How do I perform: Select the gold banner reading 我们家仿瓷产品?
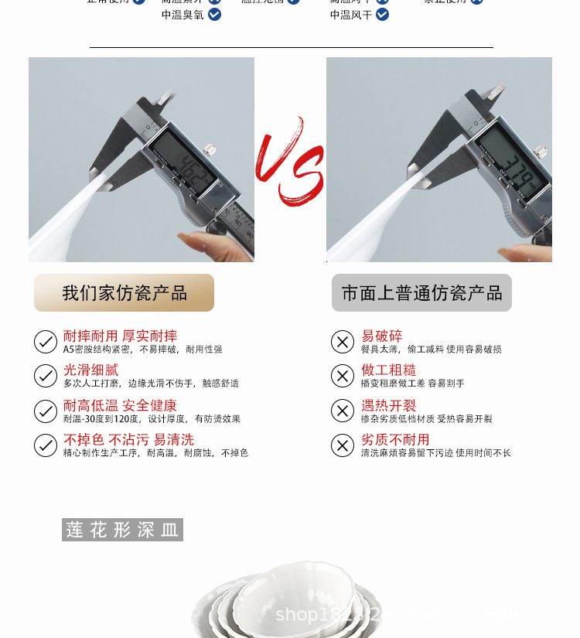click(124, 293)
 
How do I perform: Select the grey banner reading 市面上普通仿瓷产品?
click(421, 293)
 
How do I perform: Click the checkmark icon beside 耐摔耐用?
click(46, 341)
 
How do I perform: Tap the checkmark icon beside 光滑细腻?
click(46, 376)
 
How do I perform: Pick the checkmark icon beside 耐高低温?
click(46, 411)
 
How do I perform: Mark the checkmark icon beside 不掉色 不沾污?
click(46, 445)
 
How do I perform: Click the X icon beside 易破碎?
click(343, 341)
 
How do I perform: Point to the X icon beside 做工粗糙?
click(343, 376)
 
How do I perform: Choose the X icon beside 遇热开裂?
click(343, 411)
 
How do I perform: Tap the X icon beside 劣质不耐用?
click(343, 445)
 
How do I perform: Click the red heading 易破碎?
click(382, 336)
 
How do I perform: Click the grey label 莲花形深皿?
click(122, 530)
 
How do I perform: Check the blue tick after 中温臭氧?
click(214, 15)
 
